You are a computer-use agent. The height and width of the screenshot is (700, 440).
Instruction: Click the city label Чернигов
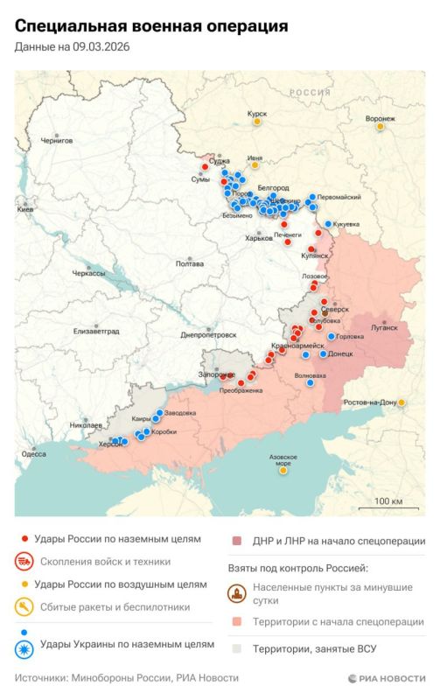point(58,139)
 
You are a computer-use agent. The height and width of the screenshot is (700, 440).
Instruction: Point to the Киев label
point(25,210)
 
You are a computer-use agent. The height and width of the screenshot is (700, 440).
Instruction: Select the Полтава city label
point(190,262)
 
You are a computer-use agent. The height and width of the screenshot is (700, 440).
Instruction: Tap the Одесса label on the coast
point(34,454)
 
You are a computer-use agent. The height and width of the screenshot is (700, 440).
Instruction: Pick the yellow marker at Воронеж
point(380,127)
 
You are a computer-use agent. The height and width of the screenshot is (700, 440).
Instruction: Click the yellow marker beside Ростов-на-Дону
point(402,402)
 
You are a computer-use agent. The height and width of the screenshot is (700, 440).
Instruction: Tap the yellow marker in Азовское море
point(283,470)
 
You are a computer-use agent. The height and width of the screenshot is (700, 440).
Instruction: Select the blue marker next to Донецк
point(323,354)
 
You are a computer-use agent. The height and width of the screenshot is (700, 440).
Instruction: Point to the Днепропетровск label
point(208,334)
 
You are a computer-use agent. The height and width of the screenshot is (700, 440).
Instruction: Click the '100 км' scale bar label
point(388,500)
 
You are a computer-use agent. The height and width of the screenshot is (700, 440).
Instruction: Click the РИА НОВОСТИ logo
point(386,678)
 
